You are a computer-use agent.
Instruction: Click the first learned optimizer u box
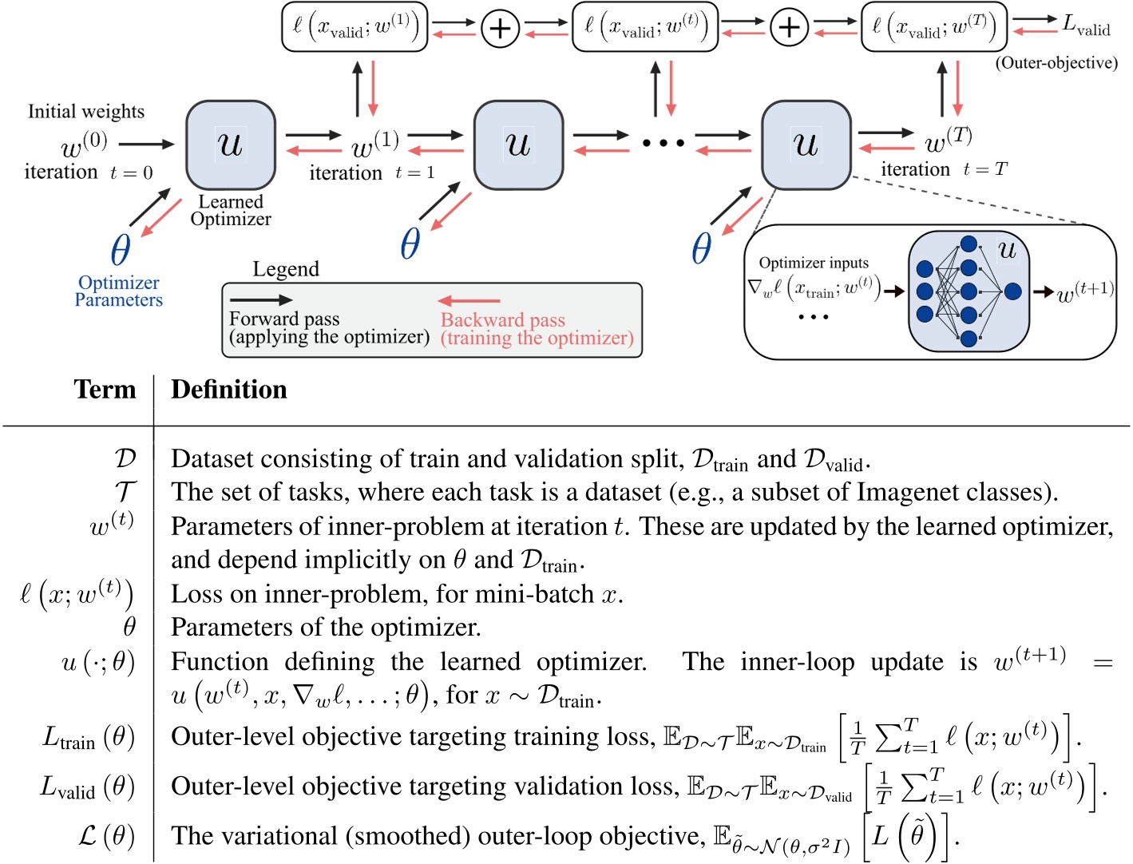pyautogui.click(x=231, y=145)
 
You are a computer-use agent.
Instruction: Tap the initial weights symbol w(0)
pyautogui.click(x=84, y=144)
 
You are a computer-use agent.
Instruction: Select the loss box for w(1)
pyautogui.click(x=355, y=27)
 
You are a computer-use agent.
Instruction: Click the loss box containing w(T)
pyautogui.click(x=934, y=27)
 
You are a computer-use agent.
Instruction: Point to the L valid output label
pyautogui.click(x=1086, y=26)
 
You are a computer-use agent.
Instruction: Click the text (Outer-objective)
pyautogui.click(x=1056, y=63)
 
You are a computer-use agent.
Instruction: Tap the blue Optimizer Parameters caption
pyautogui.click(x=119, y=291)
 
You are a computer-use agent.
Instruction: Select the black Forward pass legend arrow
pyautogui.click(x=261, y=300)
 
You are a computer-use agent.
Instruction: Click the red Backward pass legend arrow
pyautogui.click(x=468, y=300)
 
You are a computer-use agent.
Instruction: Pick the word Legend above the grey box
pyautogui.click(x=286, y=269)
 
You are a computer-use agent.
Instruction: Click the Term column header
pyautogui.click(x=105, y=389)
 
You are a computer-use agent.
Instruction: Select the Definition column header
pyautogui.click(x=229, y=389)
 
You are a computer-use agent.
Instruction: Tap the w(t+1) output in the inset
pyautogui.click(x=1086, y=292)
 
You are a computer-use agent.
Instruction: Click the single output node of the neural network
pyautogui.click(x=1012, y=291)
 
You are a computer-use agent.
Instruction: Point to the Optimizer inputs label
pyautogui.click(x=814, y=263)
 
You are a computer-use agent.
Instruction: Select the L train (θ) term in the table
pyautogui.click(x=89, y=737)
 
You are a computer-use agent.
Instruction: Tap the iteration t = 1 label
pyautogui.click(x=372, y=172)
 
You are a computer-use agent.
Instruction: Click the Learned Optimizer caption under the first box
pyautogui.click(x=231, y=210)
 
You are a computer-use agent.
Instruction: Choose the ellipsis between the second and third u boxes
pyautogui.click(x=664, y=143)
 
